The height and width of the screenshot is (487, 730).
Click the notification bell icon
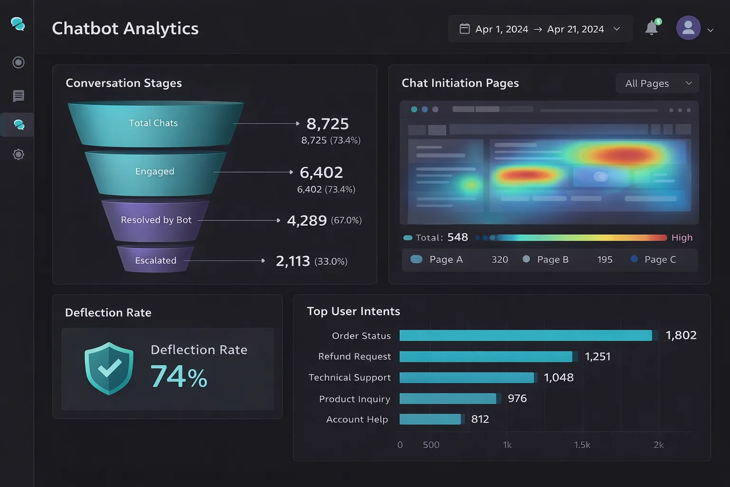(652, 28)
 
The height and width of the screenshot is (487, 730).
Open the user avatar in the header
(688, 28)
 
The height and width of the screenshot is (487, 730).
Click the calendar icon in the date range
(464, 29)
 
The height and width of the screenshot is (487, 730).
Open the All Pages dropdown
(657, 84)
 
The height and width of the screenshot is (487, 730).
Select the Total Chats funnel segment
(154, 123)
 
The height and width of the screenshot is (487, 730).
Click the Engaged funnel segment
(154, 172)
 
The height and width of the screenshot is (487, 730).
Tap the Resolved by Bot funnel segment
(156, 220)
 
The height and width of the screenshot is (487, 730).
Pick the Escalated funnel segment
(155, 261)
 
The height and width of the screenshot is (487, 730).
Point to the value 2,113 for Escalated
(293, 261)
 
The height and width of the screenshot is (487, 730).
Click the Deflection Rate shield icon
(109, 369)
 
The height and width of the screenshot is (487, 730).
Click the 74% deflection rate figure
(179, 377)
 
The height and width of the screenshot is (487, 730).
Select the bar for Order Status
(526, 336)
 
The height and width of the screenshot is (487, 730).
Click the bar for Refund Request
(486, 357)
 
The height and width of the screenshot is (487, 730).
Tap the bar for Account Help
(430, 419)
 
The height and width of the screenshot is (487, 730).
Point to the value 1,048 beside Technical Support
(558, 378)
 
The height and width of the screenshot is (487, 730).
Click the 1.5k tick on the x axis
(582, 445)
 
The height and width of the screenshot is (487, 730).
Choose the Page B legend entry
(547, 260)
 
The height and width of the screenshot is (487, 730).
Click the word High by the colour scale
(682, 238)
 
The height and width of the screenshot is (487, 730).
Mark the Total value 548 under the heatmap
(458, 237)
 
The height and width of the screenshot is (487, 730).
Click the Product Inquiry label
(355, 399)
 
